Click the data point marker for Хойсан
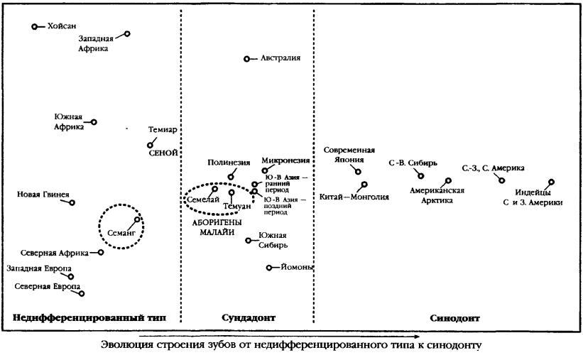coord(35,26)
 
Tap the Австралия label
coord(280,58)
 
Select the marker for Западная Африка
coord(127,34)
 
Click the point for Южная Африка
coord(94,122)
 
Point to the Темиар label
coord(163,130)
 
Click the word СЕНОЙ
coord(163,153)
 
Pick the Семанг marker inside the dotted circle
coord(137,219)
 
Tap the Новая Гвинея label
coord(43,194)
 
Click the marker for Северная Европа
coord(82,293)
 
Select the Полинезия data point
coord(231,177)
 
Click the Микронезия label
coord(285,160)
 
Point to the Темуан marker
coord(231,192)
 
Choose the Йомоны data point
coord(269,268)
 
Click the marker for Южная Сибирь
coord(249,241)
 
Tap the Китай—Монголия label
coord(354,197)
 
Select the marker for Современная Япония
coord(358,172)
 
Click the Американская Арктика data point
coord(448,181)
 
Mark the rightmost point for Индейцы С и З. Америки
coord(551,182)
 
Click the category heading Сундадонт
coord(249,318)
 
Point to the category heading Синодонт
coord(454,318)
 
